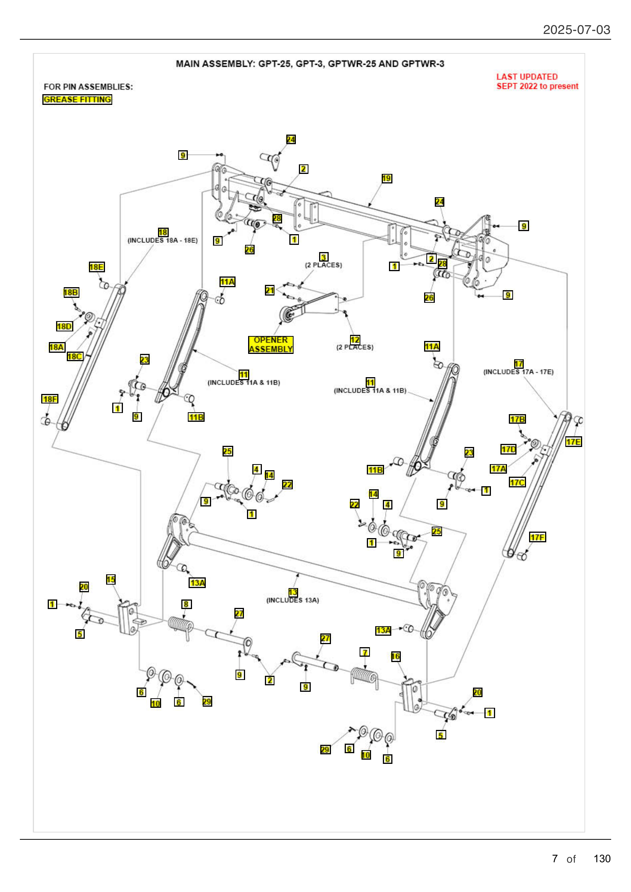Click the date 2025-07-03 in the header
tap(576, 30)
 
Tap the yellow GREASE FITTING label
tap(77, 100)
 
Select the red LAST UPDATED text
tap(527, 77)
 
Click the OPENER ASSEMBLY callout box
tap(271, 345)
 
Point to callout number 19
tap(386, 178)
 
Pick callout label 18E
tap(97, 267)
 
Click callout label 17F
tap(537, 537)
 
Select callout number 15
tap(111, 580)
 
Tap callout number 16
tap(395, 657)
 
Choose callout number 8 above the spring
tap(186, 604)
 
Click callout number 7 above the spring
tap(365, 652)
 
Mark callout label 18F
tap(50, 399)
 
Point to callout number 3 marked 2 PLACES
tap(323, 257)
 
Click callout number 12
tap(355, 340)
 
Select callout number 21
tap(270, 290)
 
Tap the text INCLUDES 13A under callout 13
tap(292, 600)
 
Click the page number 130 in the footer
tap(602, 858)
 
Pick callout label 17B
tap(517, 419)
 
